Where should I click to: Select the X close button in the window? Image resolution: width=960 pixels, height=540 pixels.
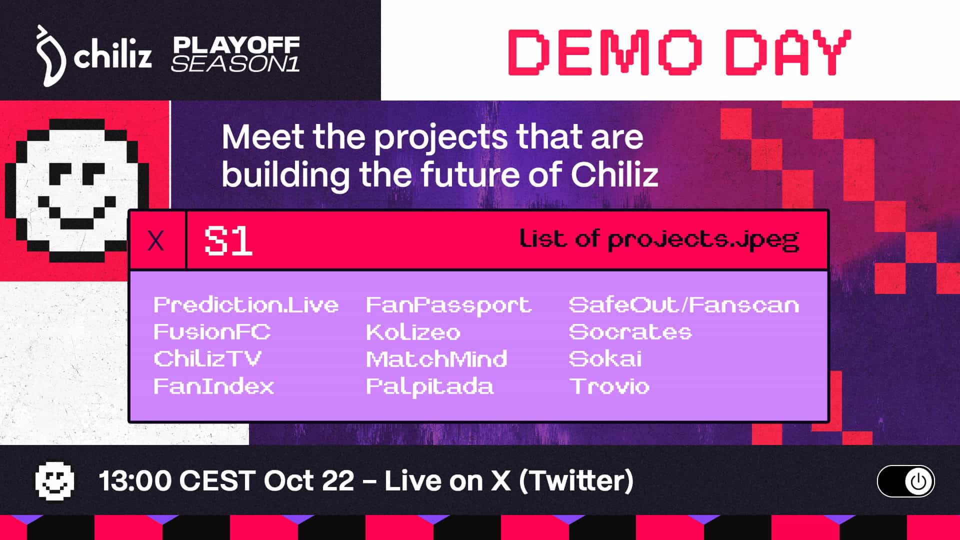(x=156, y=241)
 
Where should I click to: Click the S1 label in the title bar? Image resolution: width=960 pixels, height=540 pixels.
(x=228, y=241)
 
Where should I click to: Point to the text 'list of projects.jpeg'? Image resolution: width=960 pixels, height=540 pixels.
(x=659, y=240)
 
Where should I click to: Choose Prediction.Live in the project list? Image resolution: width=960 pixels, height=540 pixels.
(x=246, y=304)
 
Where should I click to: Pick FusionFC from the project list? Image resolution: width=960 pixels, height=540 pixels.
(x=212, y=332)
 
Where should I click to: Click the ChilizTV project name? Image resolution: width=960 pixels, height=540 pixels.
(x=207, y=358)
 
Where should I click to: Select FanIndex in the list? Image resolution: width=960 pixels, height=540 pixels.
(x=214, y=386)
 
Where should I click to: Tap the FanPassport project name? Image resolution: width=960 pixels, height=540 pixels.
(x=448, y=305)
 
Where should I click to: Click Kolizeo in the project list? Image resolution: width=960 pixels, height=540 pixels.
(x=413, y=332)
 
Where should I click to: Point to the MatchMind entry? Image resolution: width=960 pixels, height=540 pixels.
(x=436, y=358)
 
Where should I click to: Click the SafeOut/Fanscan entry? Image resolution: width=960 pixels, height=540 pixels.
(x=684, y=304)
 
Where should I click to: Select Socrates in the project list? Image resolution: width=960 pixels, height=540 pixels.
(x=630, y=332)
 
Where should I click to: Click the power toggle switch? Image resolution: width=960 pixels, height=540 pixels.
(x=905, y=481)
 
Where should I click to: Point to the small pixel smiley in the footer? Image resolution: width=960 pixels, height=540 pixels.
(x=54, y=481)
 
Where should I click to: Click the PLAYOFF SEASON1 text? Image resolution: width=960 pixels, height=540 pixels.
(x=235, y=54)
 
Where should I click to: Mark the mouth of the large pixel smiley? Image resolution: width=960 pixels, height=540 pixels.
(x=77, y=212)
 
